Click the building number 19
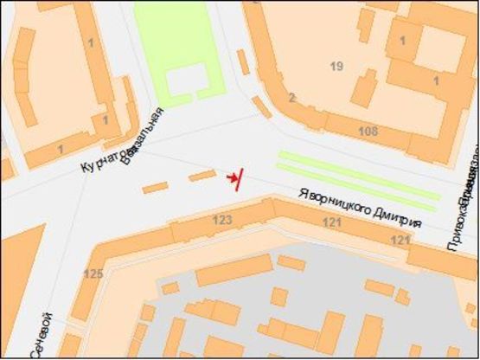pyautogui.click(x=337, y=66)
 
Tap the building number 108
pyautogui.click(x=368, y=132)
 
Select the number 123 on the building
pyautogui.click(x=222, y=221)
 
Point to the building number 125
pyautogui.click(x=93, y=274)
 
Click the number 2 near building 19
pyautogui.click(x=292, y=97)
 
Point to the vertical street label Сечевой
pyautogui.click(x=42, y=334)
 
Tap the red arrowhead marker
pyautogui.click(x=231, y=178)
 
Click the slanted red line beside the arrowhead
pyautogui.click(x=238, y=178)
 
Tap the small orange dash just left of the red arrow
pyautogui.click(x=202, y=176)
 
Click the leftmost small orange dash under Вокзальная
pyautogui.click(x=155, y=187)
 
